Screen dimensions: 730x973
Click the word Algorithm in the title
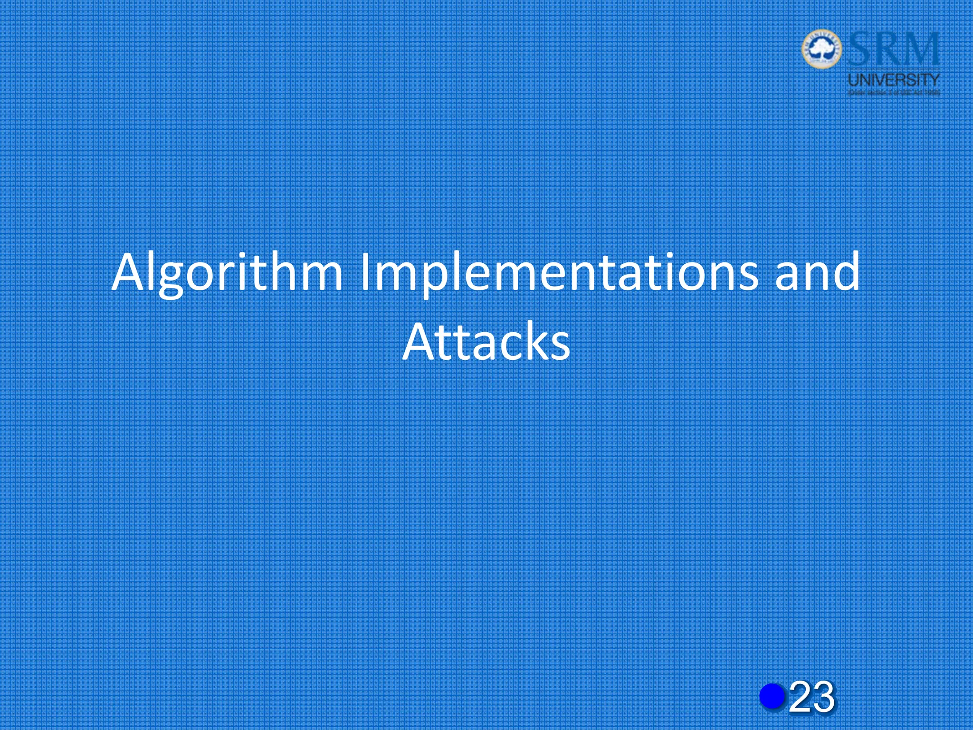[227, 273]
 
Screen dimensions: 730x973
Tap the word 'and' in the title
[817, 273]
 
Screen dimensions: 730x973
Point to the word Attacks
[486, 341]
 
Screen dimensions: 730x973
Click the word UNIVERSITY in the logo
[894, 79]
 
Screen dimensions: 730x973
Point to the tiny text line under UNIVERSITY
[894, 93]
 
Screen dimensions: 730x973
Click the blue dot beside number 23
[773, 696]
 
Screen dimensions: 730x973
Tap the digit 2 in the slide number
[801, 697]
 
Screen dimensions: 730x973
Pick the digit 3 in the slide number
[823, 697]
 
